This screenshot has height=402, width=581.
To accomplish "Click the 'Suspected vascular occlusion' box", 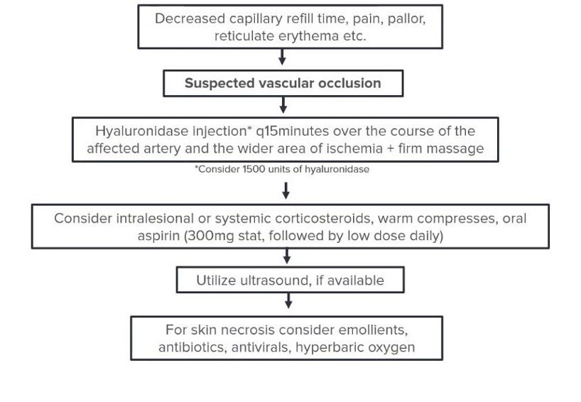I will point(283,83).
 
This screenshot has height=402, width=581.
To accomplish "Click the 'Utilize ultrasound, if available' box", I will point(290,281).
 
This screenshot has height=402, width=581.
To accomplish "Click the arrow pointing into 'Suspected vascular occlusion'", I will point(283,60).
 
